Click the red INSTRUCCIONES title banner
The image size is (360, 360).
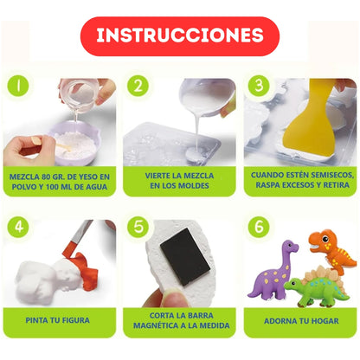click(179, 36)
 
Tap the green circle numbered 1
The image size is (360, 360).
click(18, 87)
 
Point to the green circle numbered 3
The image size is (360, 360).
click(257, 87)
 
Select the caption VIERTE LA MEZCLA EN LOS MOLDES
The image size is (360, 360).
click(179, 179)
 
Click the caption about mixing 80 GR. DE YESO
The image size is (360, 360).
click(61, 179)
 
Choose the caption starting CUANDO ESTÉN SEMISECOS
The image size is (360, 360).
click(299, 179)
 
